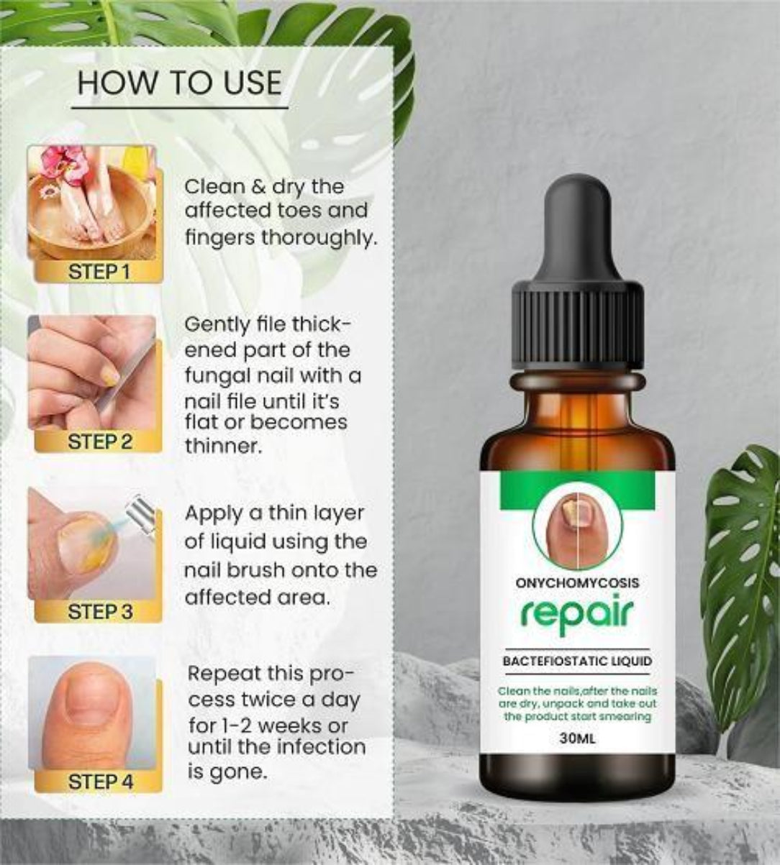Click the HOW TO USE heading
pyautogui.click(x=179, y=83)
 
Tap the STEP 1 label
pyautogui.click(x=99, y=272)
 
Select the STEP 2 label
pyautogui.click(x=99, y=441)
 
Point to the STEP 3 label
pyautogui.click(x=99, y=611)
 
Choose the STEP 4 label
pyautogui.click(x=100, y=782)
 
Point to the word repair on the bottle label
pyautogui.click(x=577, y=615)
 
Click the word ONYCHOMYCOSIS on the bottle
pyautogui.click(x=577, y=582)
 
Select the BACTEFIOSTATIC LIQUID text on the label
pyautogui.click(x=577, y=661)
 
